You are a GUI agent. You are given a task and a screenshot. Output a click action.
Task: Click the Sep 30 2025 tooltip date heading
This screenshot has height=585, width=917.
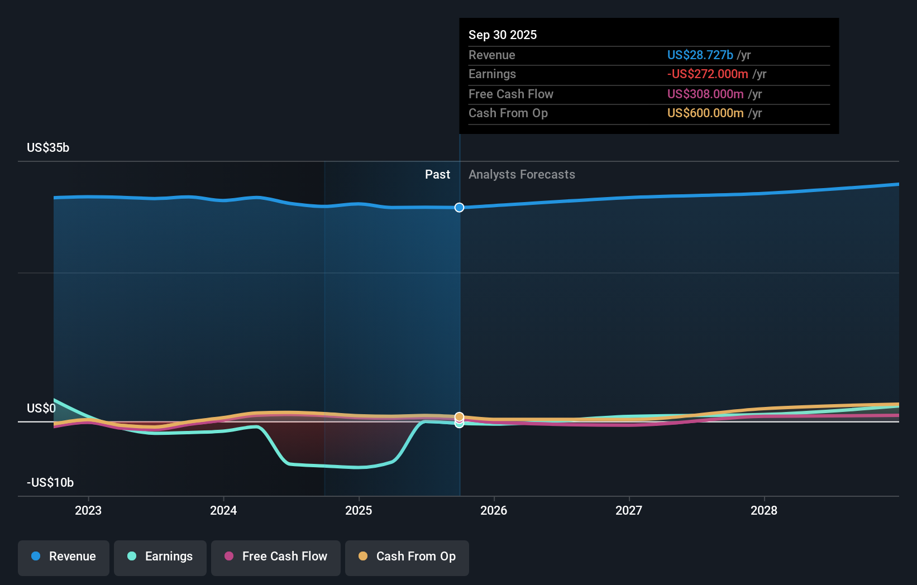click(x=502, y=35)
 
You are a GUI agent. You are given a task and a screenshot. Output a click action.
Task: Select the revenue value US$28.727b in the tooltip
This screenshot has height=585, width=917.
click(x=700, y=55)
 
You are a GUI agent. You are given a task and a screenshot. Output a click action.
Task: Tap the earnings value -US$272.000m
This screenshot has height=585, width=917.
click(x=707, y=74)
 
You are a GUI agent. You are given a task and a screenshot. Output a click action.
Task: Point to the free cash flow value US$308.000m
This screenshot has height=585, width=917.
click(x=705, y=94)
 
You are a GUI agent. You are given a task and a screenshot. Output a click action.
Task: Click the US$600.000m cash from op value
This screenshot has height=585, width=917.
click(x=705, y=113)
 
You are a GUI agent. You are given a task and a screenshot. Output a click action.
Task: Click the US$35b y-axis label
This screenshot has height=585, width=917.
click(x=48, y=147)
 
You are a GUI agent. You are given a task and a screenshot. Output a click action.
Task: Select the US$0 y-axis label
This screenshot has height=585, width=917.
click(x=41, y=408)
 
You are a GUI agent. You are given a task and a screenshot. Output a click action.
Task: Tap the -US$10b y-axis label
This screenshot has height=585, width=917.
click(x=50, y=482)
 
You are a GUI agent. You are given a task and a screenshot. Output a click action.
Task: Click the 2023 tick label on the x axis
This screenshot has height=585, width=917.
click(x=88, y=510)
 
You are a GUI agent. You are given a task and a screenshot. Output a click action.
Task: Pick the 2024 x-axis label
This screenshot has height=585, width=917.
click(x=223, y=510)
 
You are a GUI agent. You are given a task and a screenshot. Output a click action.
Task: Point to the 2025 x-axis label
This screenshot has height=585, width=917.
click(x=359, y=510)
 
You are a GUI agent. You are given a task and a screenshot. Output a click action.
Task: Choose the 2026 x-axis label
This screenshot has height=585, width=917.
click(x=494, y=510)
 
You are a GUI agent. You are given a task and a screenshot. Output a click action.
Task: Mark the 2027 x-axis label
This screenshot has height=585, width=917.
click(x=629, y=510)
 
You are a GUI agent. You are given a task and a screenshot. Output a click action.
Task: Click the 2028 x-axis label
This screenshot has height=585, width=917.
click(x=764, y=510)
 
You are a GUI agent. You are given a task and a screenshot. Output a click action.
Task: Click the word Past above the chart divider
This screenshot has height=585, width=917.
click(x=437, y=174)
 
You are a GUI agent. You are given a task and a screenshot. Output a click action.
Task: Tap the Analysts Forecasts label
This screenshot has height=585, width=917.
click(x=522, y=174)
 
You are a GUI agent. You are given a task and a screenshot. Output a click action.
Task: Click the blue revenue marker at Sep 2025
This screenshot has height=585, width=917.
click(x=459, y=208)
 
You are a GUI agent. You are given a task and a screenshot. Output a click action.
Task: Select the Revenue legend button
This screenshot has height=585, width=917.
click(x=64, y=557)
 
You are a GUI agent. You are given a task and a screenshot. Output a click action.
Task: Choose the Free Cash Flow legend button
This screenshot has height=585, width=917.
click(x=276, y=557)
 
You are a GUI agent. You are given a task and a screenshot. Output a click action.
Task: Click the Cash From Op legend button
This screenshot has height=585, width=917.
click(x=407, y=557)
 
